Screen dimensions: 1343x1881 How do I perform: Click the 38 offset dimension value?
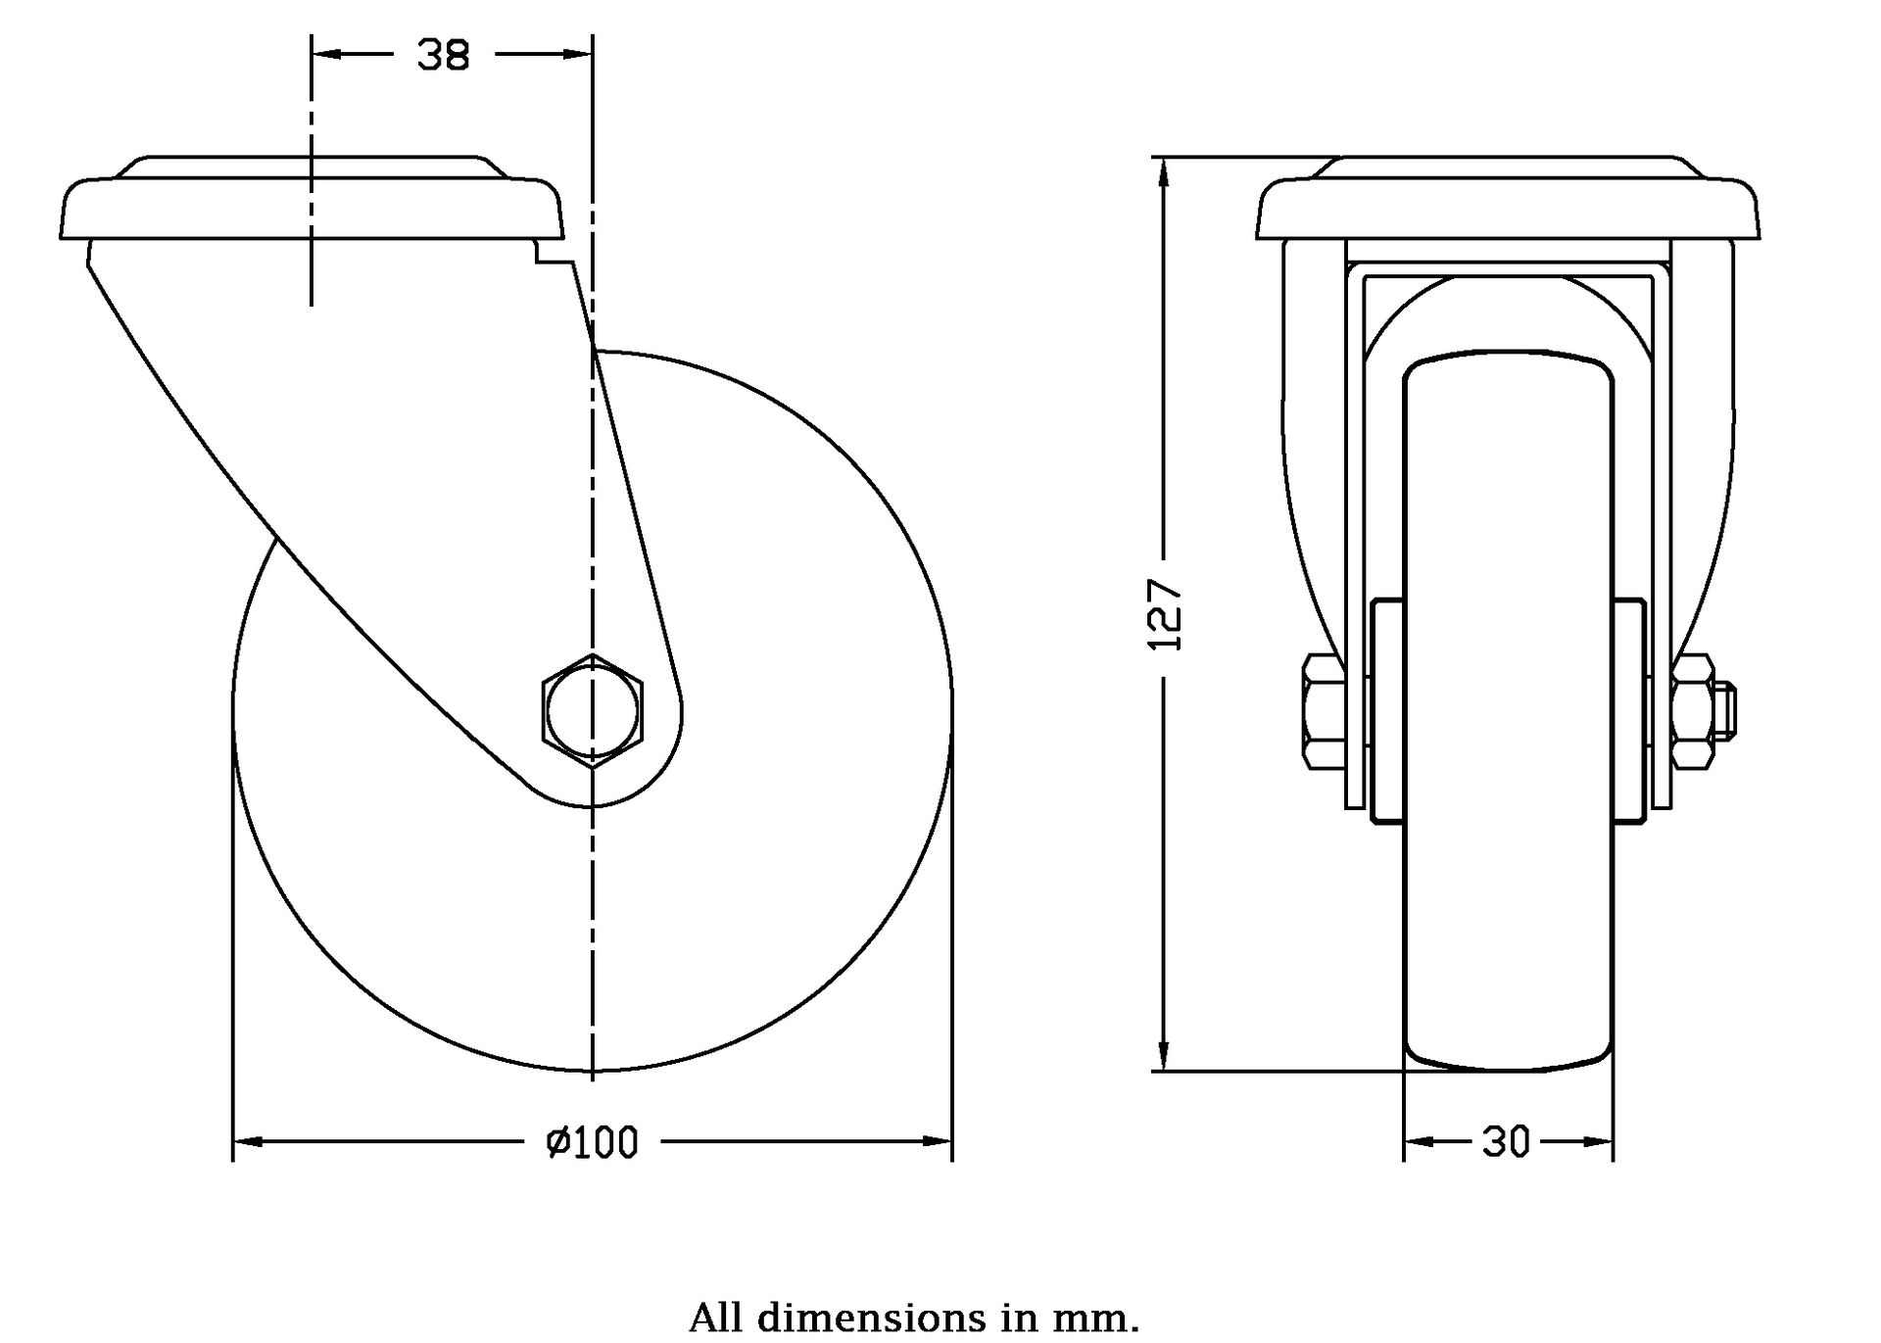click(x=444, y=56)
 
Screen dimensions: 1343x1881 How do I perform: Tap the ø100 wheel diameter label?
click(x=592, y=1142)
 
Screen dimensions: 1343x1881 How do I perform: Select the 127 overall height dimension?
click(x=1165, y=615)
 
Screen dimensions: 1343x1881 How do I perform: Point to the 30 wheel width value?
click(x=1506, y=1142)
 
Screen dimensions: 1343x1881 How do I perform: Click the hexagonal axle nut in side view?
click(x=592, y=711)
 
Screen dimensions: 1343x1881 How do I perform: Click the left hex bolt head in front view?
click(x=1323, y=712)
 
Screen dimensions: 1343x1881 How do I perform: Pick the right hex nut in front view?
click(x=1692, y=712)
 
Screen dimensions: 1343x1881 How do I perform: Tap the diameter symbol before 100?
click(x=557, y=1142)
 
